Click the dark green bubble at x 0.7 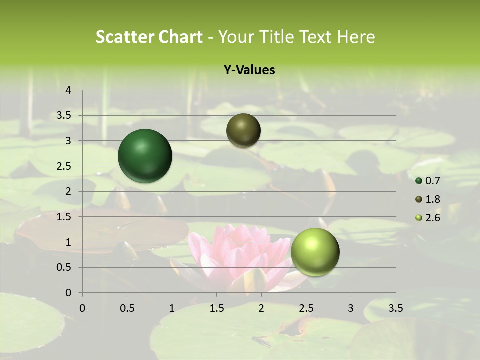(145, 156)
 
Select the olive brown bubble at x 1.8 (243, 130)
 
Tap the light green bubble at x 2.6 (315, 252)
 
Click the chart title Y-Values (249, 70)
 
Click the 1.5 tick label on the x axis (217, 308)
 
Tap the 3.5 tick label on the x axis (396, 308)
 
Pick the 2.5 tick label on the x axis (306, 308)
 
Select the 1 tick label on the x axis (172, 308)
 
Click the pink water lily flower (235, 255)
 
